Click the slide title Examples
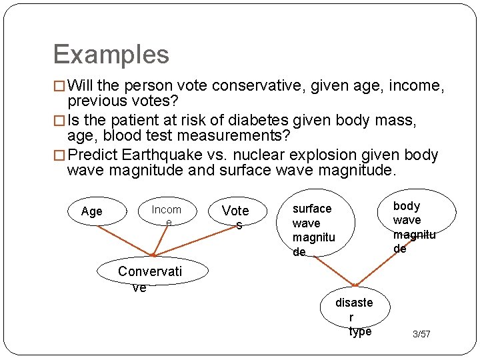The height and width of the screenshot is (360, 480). click(111, 54)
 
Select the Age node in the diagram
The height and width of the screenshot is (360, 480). click(92, 211)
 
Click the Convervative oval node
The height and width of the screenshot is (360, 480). click(149, 277)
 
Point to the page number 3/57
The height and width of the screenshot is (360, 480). click(421, 333)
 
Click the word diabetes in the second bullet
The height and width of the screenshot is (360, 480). click(255, 121)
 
